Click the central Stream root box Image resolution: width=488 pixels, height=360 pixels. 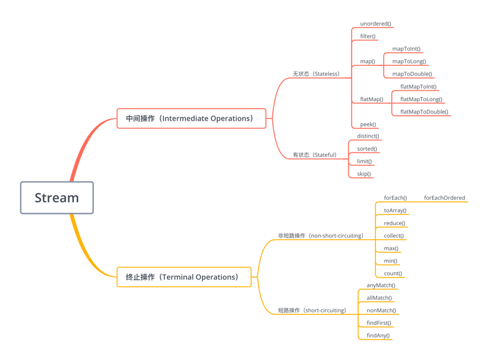pos(57,198)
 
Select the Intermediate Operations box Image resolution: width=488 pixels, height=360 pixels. pos(192,118)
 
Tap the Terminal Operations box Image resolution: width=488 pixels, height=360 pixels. pos(184,277)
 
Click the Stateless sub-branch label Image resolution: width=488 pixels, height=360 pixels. pos(316,74)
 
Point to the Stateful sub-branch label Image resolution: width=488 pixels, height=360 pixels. pos(314,155)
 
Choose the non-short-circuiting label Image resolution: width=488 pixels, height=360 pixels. pos(320,236)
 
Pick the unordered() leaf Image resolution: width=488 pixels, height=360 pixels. pos(375,24)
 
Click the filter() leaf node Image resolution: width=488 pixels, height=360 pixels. pos(368,37)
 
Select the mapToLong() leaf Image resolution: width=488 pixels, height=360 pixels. pos(409,61)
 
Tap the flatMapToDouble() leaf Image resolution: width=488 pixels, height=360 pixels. pos(424,112)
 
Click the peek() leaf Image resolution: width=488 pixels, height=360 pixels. pos(368,124)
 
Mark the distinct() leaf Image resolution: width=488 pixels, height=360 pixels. pos(368,136)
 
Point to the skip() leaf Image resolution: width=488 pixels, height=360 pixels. pos(364,174)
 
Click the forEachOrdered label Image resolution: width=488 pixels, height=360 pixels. pos(444,198)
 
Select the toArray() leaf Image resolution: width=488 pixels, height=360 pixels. pos(395,211)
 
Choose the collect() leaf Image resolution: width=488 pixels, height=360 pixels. pos(393,236)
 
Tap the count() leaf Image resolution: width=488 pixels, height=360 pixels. pos(393,273)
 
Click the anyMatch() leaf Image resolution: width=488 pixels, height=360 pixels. pos(381,285)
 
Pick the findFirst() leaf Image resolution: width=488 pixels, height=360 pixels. pos(379,323)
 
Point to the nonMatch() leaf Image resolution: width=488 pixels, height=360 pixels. pos(381,311)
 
